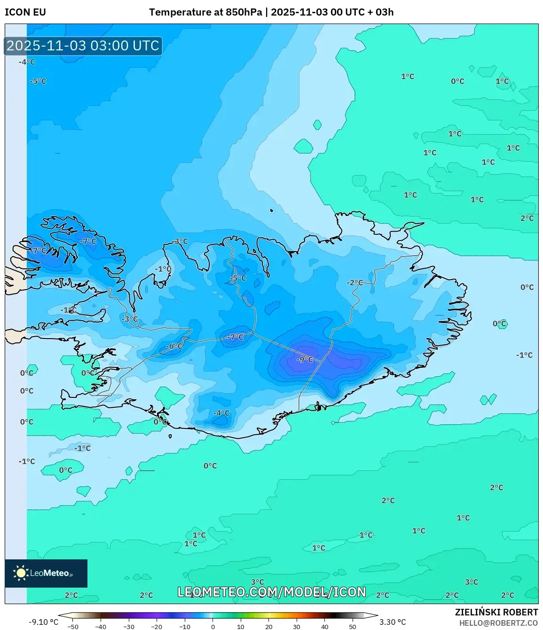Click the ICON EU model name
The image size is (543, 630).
click(25, 12)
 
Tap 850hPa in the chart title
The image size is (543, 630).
click(244, 12)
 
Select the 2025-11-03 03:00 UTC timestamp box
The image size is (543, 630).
click(83, 46)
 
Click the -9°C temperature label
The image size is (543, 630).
click(305, 359)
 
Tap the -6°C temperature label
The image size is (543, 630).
click(174, 346)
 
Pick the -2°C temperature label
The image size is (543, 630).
click(355, 283)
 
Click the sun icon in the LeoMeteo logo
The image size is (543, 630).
click(21, 573)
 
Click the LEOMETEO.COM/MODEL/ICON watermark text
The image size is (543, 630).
click(272, 592)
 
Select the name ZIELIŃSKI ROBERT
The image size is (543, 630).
click(496, 612)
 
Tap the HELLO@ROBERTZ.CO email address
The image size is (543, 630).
click(498, 623)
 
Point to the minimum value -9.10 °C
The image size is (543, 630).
click(44, 622)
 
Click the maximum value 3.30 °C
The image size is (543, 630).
click(393, 622)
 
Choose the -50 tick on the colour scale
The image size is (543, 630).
click(73, 627)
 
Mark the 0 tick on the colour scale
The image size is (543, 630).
click(213, 627)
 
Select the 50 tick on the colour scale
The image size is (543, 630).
click(353, 627)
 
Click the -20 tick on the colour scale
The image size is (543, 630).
click(157, 627)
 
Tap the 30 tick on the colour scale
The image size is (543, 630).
click(297, 627)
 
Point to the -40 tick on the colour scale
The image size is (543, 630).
click(101, 627)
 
